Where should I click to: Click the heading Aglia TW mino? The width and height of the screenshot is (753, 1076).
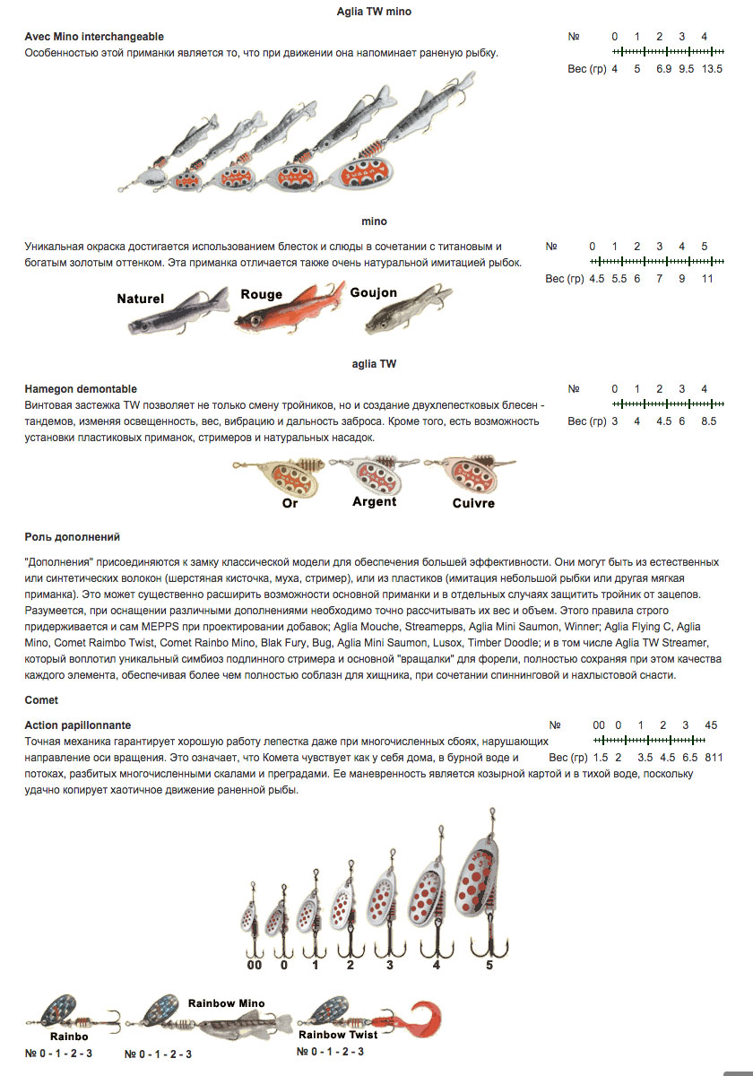point(374,12)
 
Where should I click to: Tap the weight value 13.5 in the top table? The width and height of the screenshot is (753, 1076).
point(712,69)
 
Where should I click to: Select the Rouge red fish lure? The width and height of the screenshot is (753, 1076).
point(290,308)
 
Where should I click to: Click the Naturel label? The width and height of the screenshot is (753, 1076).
point(140,299)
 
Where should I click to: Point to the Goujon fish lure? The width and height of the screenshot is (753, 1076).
point(408,310)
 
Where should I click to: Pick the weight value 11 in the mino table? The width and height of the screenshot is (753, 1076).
point(707,279)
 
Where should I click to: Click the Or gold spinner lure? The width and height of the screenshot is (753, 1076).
point(280,476)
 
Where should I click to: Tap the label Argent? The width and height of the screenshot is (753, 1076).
point(374,501)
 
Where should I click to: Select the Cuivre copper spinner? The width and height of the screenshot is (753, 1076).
point(470,473)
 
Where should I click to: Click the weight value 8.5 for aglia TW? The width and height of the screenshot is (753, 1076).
point(708,421)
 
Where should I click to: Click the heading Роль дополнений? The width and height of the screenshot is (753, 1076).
point(72,537)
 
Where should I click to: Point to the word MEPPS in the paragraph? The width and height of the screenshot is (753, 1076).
point(160,627)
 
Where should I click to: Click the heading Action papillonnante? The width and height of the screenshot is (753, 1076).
point(78,725)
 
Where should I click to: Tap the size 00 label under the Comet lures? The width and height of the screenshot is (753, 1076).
point(254,965)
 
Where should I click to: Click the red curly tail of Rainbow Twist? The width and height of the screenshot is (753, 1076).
point(422,1020)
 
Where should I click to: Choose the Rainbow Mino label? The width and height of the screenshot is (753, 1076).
point(226,1003)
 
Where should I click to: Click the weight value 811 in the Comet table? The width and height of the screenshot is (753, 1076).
point(714,758)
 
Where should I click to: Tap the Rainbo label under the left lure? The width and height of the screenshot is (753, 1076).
point(69,1037)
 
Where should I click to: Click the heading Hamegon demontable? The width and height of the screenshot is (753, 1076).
point(81,388)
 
